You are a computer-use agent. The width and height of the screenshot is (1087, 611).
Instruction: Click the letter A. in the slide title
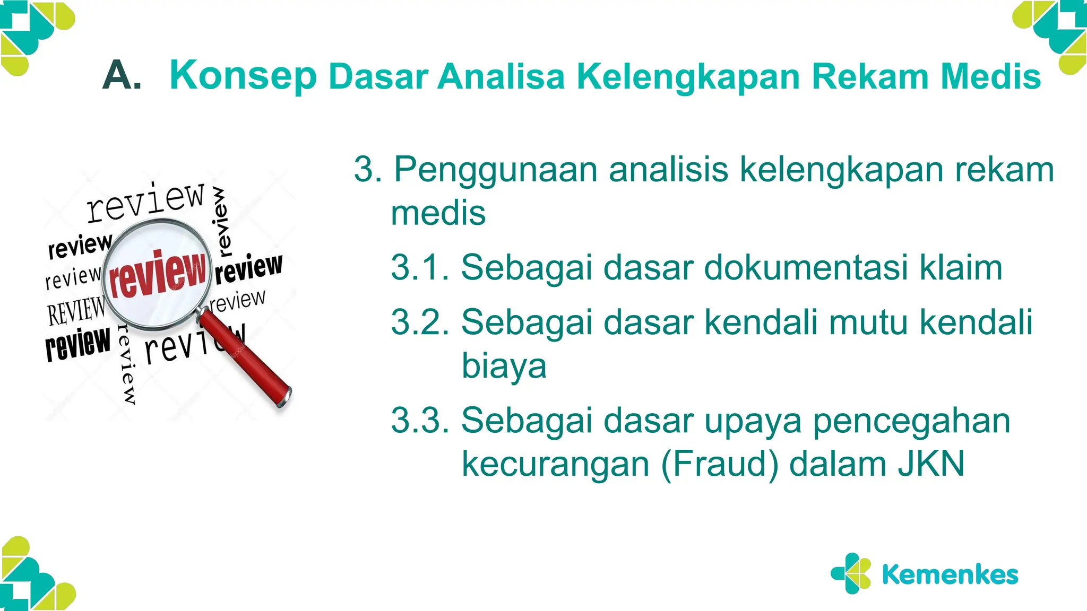122,76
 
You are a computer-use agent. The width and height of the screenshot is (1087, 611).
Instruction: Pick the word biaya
504,367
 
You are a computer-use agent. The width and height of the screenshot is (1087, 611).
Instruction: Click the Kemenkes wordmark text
950,575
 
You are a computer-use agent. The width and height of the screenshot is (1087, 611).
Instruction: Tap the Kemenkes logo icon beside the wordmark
851,573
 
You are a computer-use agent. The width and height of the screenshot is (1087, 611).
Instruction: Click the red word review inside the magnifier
157,274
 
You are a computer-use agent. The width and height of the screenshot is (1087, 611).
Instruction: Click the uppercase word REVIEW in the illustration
76,311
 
